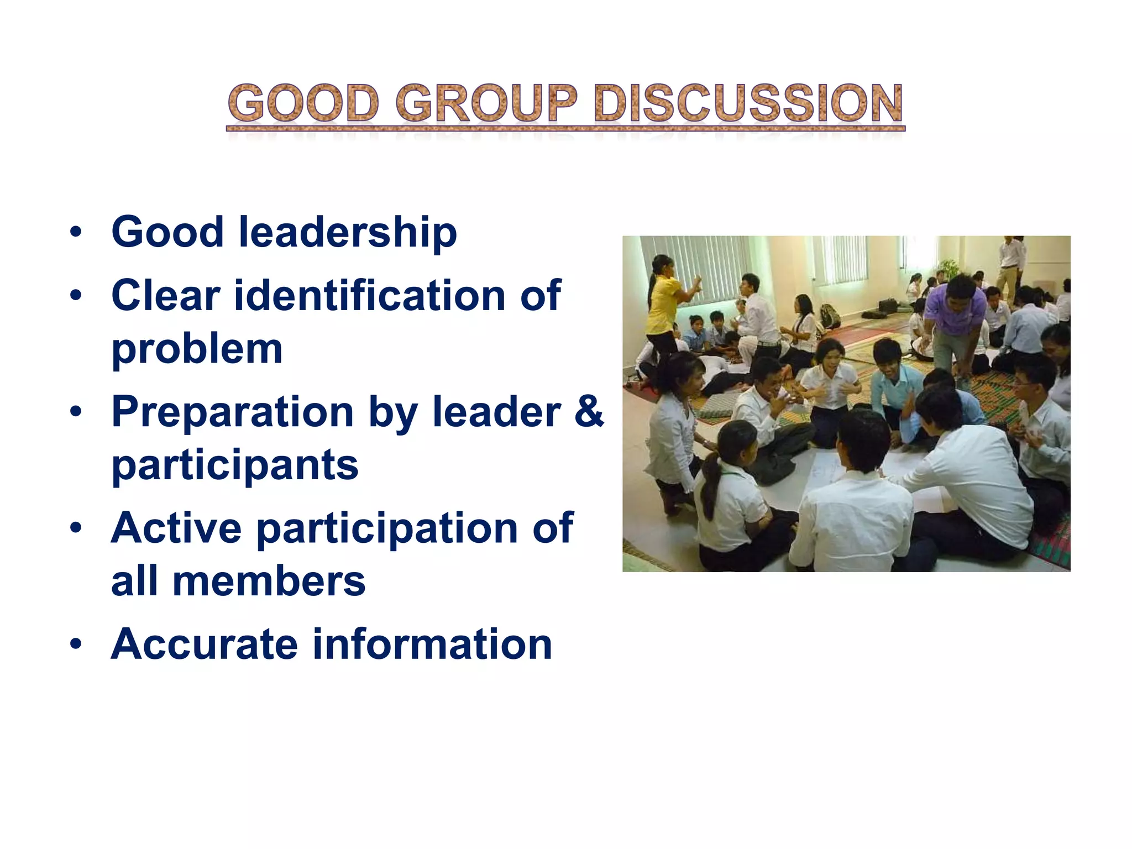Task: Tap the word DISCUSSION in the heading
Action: click(x=748, y=103)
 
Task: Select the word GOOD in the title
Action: click(x=303, y=103)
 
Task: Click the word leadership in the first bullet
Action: click(x=348, y=232)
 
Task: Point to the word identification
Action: click(x=370, y=296)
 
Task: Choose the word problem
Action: click(x=197, y=350)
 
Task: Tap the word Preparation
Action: click(x=232, y=412)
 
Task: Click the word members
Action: click(x=269, y=581)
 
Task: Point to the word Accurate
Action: click(x=204, y=644)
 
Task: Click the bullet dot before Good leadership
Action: click(x=76, y=232)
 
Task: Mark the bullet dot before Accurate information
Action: click(x=76, y=644)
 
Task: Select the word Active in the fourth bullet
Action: click(x=176, y=528)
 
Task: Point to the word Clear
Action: click(x=166, y=296)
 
